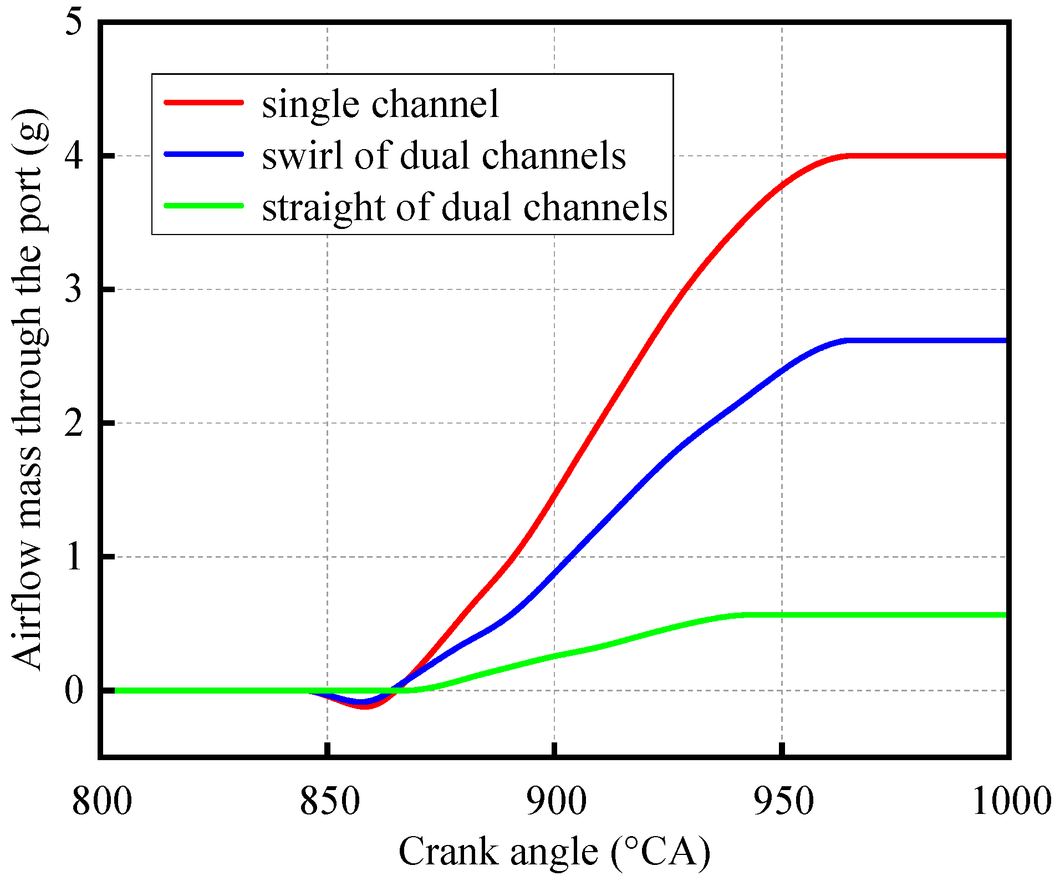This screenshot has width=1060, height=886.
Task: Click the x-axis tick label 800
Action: (x=102, y=802)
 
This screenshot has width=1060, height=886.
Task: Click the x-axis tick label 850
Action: (x=330, y=802)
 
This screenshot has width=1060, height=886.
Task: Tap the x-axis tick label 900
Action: (x=556, y=802)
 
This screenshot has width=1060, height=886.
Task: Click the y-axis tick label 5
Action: (x=74, y=23)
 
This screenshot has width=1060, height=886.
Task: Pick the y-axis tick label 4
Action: (x=74, y=156)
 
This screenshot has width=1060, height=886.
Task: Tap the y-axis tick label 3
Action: (x=74, y=289)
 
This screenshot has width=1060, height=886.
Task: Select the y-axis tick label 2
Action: (x=74, y=423)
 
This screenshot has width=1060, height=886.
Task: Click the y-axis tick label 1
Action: (x=74, y=557)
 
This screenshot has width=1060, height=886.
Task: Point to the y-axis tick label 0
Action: (x=74, y=691)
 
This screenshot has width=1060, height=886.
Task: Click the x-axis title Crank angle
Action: (x=554, y=852)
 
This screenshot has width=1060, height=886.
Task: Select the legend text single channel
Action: (x=380, y=104)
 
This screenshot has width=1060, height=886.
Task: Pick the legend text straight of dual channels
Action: (x=465, y=207)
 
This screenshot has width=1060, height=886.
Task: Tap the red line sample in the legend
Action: (x=204, y=102)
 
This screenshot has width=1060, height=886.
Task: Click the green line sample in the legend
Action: (x=204, y=206)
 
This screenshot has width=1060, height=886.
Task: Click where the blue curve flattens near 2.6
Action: (x=848, y=340)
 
